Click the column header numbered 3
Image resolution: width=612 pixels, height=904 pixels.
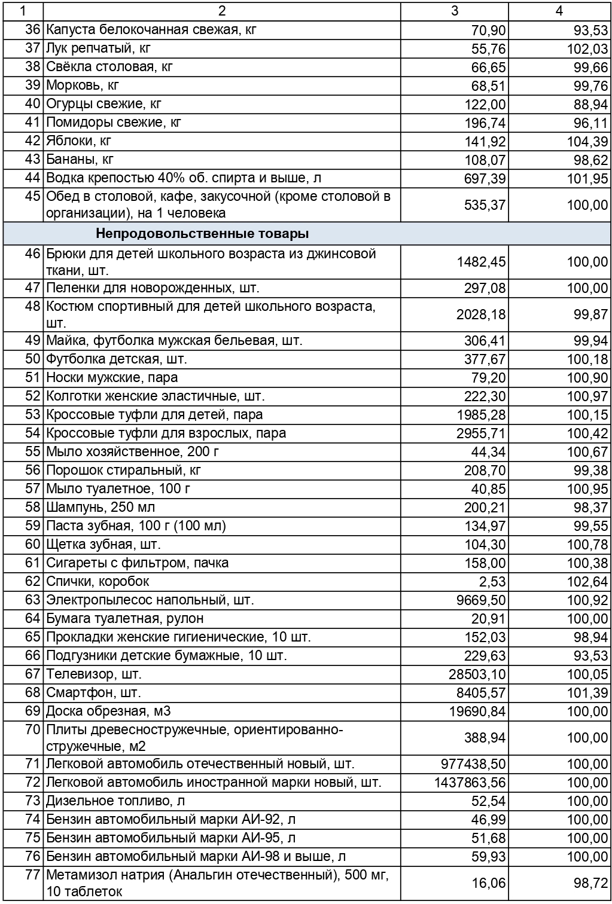(455, 11)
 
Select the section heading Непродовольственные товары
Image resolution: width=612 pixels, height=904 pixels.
(202, 233)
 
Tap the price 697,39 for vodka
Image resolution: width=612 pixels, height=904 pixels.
(485, 179)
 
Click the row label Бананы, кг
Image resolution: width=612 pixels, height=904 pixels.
(80, 160)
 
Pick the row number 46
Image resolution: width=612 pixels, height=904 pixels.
(33, 254)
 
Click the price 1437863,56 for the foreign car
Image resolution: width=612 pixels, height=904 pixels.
(470, 783)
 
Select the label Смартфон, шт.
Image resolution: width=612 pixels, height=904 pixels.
(93, 693)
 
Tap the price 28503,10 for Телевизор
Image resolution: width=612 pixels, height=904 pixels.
(477, 675)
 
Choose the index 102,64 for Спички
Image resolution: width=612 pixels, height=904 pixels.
(587, 582)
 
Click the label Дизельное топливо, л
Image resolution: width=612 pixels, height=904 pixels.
(115, 801)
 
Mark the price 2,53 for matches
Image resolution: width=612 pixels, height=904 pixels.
(492, 582)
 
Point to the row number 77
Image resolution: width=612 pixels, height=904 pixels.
(33, 875)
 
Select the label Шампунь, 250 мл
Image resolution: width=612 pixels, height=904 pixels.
(101, 507)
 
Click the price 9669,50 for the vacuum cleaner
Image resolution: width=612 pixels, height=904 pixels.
(480, 600)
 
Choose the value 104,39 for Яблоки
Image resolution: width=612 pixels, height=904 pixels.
(587, 142)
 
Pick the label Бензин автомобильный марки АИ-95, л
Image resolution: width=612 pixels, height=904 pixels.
(170, 838)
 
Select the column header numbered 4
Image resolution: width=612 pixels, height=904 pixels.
(559, 11)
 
